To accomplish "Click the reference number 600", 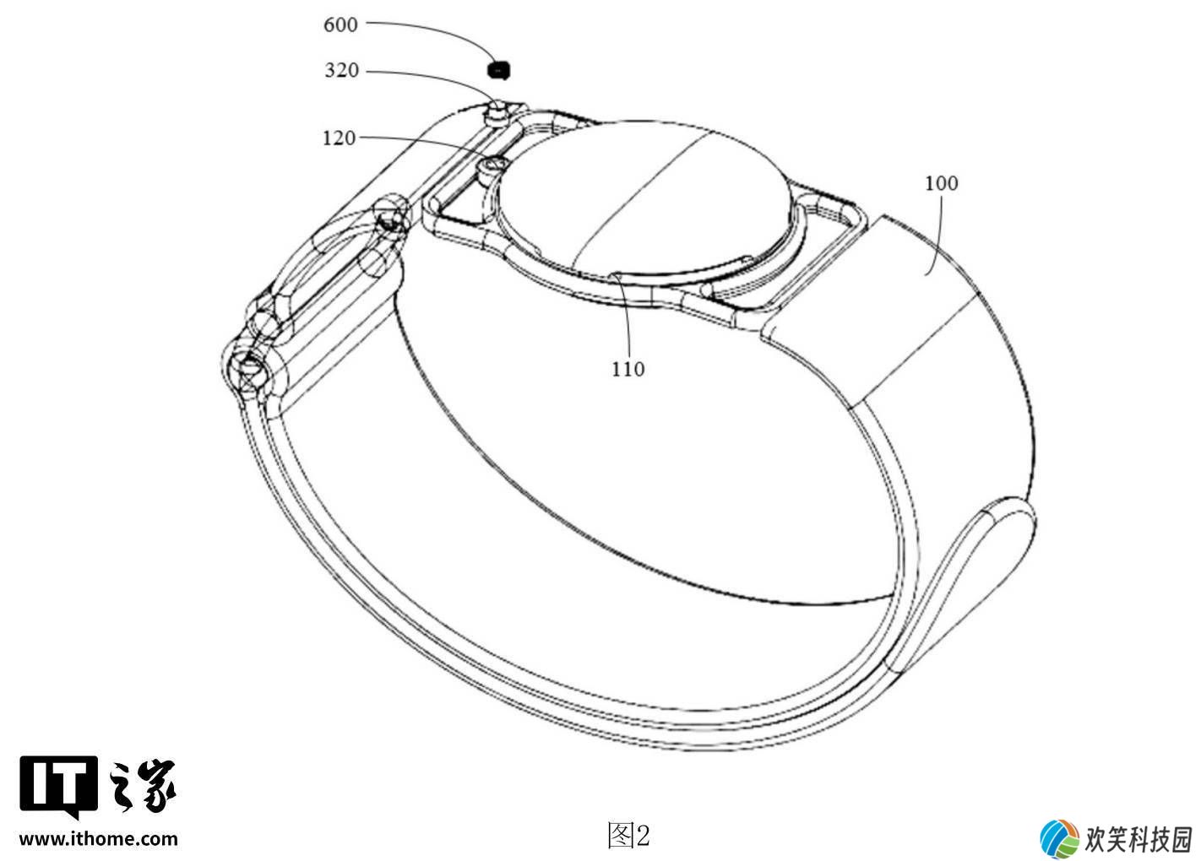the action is [x=340, y=24].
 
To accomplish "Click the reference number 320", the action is [x=341, y=70].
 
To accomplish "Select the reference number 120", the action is [x=339, y=138].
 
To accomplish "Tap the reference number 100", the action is [x=942, y=183].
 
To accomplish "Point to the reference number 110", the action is [x=628, y=369].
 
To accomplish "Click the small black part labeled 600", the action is [x=498, y=70].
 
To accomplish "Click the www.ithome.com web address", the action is [x=99, y=838].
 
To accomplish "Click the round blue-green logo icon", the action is [x=1059, y=838].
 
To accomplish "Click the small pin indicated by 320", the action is [x=497, y=114].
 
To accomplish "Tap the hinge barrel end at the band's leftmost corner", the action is [x=247, y=369].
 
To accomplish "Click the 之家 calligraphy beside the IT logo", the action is [x=142, y=786].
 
